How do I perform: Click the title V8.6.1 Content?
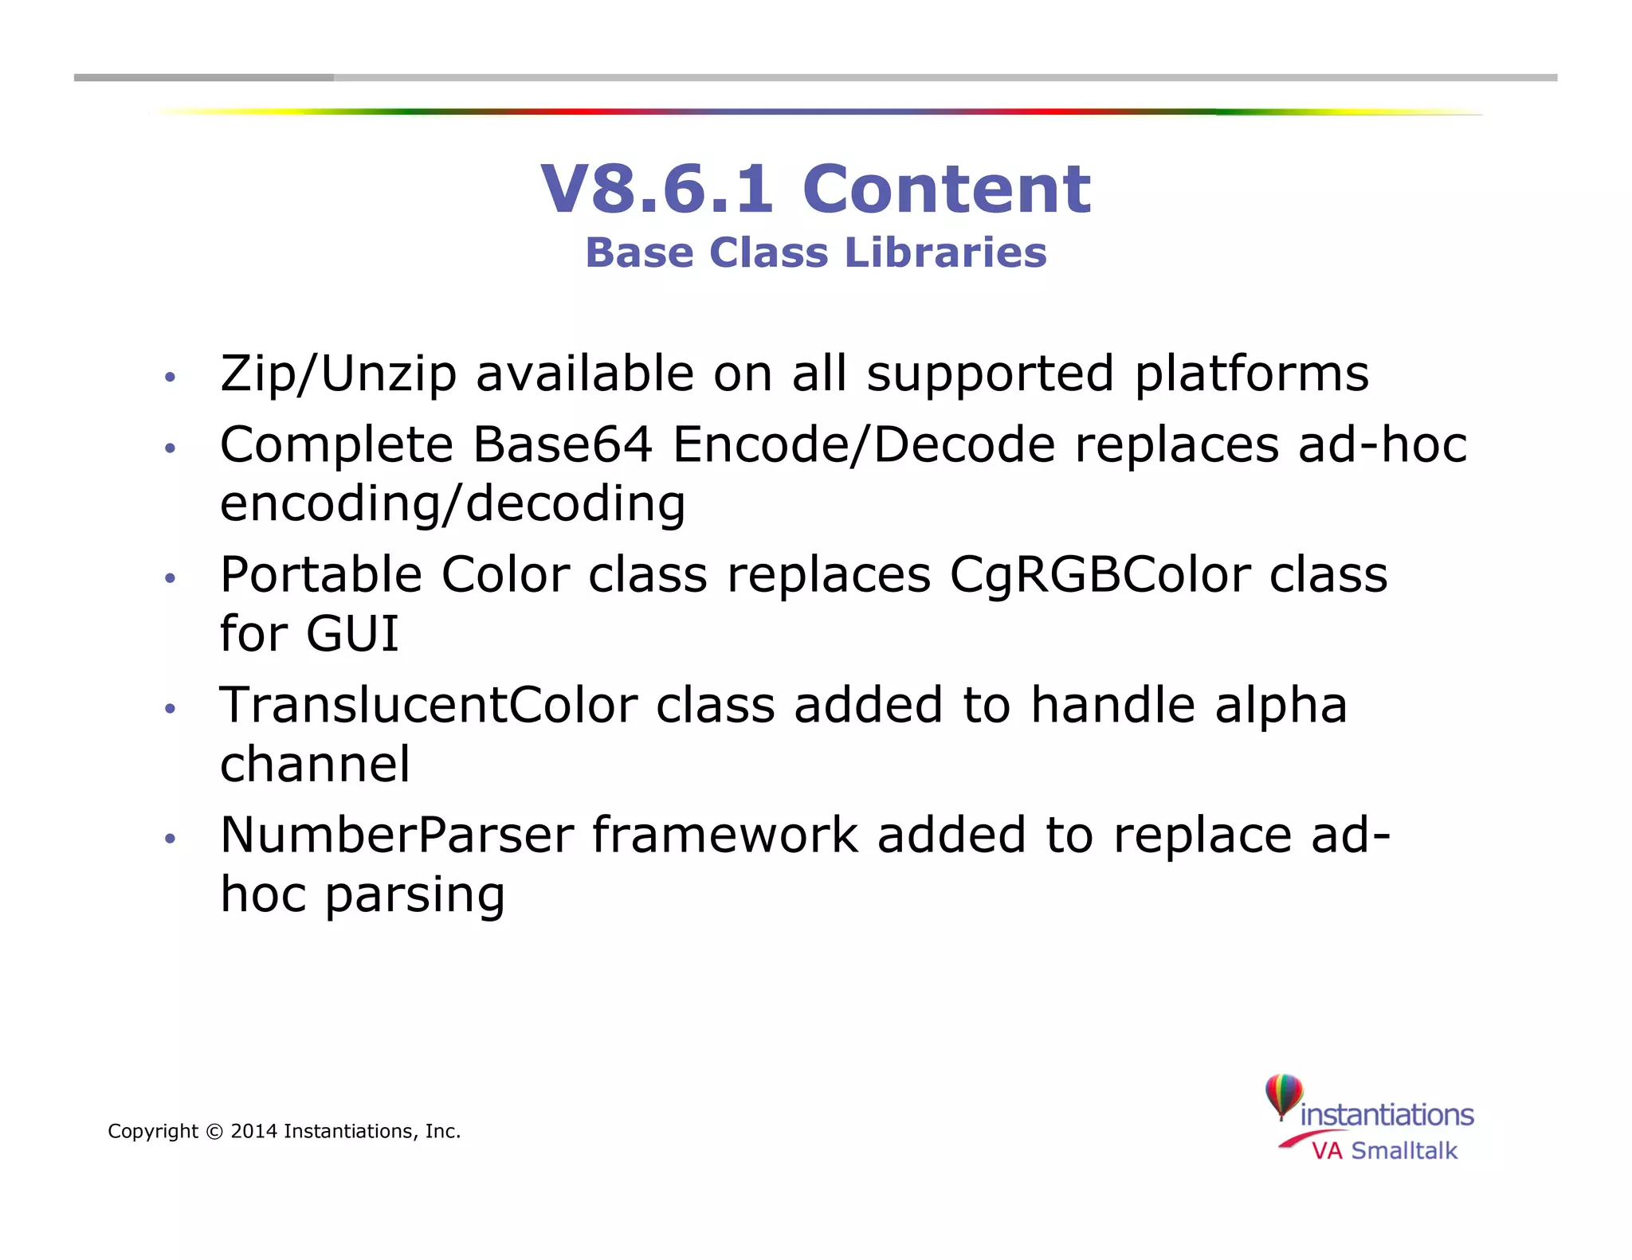click(x=815, y=189)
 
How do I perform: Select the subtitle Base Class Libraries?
click(x=815, y=253)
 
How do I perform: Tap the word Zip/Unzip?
click(x=338, y=374)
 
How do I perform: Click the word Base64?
click(x=563, y=444)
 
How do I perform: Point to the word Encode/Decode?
click(x=864, y=444)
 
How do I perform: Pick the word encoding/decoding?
click(x=452, y=504)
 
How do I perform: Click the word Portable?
click(x=320, y=574)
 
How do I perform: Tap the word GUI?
click(x=352, y=634)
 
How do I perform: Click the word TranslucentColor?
click(x=429, y=705)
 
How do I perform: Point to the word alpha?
click(x=1281, y=705)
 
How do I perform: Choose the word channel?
click(x=315, y=765)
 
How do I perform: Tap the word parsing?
click(x=415, y=895)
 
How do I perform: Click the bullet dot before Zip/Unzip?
click(x=169, y=377)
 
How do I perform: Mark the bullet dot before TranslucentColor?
click(x=169, y=708)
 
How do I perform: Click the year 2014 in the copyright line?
click(x=253, y=1131)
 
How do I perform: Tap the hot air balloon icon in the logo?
click(x=1284, y=1096)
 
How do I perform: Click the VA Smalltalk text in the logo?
click(x=1384, y=1151)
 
